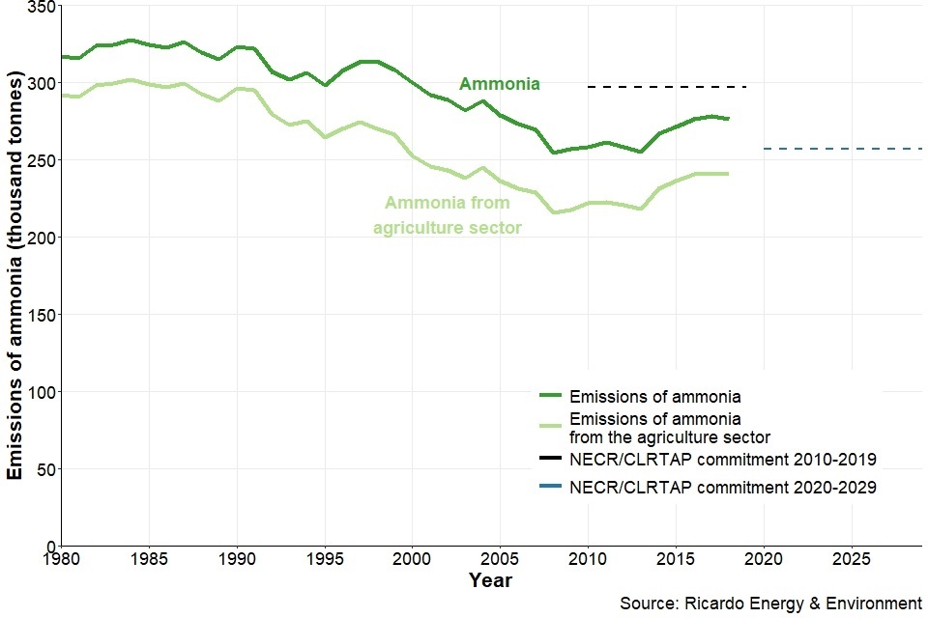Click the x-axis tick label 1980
[x=62, y=559]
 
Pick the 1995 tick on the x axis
[x=325, y=559]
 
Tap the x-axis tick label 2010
[x=588, y=559]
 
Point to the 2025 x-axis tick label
[x=851, y=559]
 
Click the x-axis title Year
[x=490, y=580]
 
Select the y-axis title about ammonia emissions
[x=15, y=276]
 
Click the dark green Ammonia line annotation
[x=499, y=84]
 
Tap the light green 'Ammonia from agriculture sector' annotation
[x=448, y=215]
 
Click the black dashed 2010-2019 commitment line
[x=667, y=87]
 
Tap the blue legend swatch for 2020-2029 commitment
[x=550, y=488]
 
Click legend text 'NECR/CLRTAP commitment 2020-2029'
[x=723, y=488]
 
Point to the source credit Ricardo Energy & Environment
[x=770, y=604]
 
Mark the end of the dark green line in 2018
[x=729, y=119]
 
